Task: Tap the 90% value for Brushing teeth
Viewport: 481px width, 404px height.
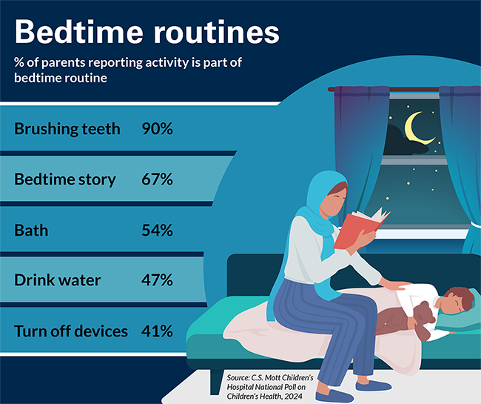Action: [x=157, y=129]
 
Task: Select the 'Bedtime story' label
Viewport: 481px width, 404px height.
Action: [x=65, y=179]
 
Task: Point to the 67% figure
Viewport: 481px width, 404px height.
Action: [x=157, y=179]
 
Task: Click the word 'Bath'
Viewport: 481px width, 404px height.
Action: [x=31, y=230]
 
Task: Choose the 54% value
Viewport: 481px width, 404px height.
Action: [x=157, y=230]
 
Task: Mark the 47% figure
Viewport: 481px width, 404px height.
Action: [x=157, y=280]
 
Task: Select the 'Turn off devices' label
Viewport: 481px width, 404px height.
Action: [x=71, y=331]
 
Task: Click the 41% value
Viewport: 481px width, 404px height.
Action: [x=157, y=331]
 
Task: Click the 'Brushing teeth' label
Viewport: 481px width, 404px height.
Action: [x=67, y=129]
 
